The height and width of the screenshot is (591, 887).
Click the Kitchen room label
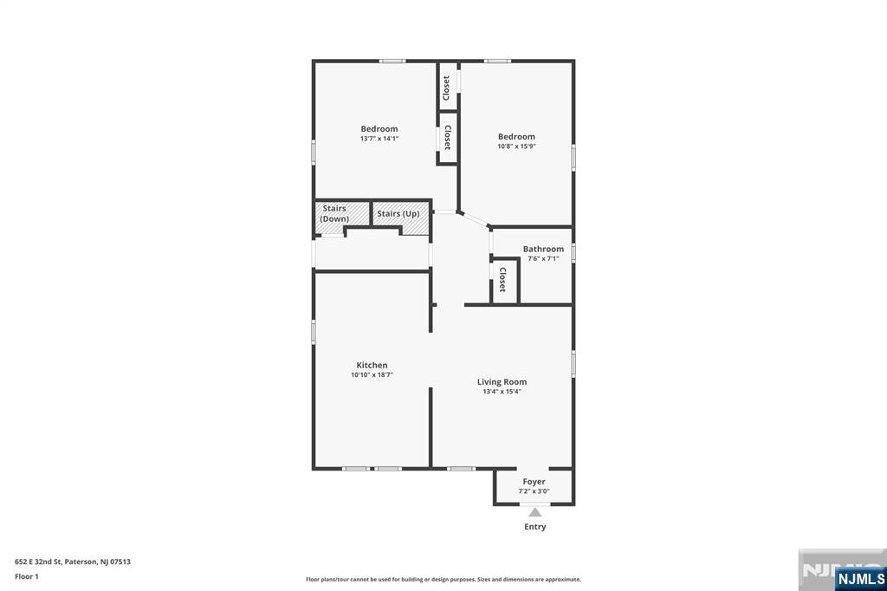(x=372, y=365)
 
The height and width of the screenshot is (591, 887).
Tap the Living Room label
(x=502, y=381)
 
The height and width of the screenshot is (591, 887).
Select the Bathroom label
(x=543, y=249)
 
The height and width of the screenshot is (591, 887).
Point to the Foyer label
(x=534, y=482)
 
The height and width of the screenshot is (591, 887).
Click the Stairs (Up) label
(x=398, y=213)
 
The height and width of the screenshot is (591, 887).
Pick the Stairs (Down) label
(x=334, y=213)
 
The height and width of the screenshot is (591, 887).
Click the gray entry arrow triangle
(x=534, y=512)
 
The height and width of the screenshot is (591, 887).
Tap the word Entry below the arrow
(x=534, y=527)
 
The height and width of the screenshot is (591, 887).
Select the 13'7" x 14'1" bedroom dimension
(x=379, y=138)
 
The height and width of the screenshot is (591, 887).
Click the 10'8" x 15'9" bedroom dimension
(x=516, y=146)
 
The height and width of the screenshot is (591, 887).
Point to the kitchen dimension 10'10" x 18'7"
(x=372, y=374)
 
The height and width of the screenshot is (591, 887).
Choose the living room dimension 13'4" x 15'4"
(x=502, y=391)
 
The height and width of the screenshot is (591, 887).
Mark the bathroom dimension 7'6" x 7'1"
(x=543, y=258)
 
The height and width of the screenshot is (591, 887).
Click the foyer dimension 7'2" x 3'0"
(x=534, y=491)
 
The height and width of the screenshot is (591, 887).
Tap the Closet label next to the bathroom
(x=502, y=280)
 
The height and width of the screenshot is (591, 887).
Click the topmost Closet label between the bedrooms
(x=446, y=88)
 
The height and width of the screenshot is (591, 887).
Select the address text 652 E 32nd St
(x=38, y=562)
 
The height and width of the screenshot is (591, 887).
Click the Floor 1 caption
(x=27, y=577)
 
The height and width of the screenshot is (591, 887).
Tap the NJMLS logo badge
(x=860, y=579)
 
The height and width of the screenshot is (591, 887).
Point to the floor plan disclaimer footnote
(x=443, y=580)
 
